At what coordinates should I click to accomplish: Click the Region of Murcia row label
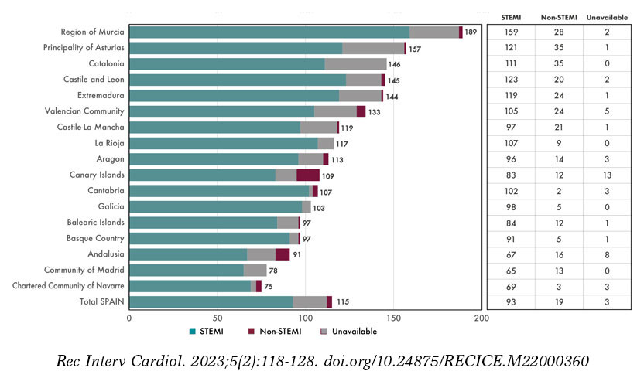pos(87,32)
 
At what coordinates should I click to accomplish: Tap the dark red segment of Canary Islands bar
pos(308,175)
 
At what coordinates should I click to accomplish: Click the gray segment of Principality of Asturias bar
pos(373,48)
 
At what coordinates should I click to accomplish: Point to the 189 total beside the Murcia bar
pos(471,32)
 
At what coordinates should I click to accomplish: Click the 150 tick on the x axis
pos(394,317)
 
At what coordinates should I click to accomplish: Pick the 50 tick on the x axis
pos(218,317)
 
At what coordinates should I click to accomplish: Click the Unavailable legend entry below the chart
pos(349,332)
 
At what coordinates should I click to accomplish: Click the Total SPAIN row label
pos(102,301)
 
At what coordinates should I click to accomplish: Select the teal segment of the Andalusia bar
pos(188,254)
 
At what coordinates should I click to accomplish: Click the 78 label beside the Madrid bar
pos(275,271)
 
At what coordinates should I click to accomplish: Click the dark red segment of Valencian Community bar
pos(361,111)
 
